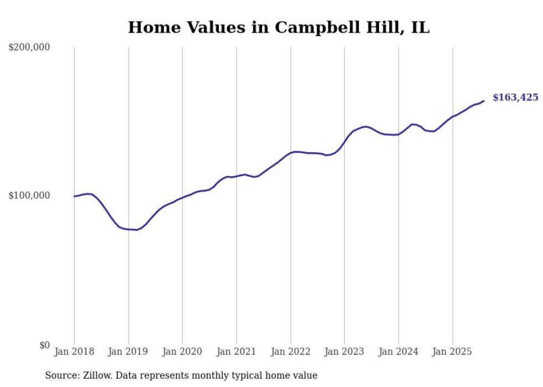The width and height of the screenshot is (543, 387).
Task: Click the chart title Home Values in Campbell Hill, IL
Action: tap(279, 27)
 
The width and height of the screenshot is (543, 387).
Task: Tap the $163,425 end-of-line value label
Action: tap(515, 97)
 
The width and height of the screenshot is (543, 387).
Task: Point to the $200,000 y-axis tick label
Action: tap(29, 48)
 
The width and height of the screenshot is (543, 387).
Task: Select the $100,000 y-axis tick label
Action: tap(29, 195)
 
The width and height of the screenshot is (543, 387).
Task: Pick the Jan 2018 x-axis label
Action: tap(74, 352)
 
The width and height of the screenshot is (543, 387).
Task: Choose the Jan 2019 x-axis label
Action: tap(129, 352)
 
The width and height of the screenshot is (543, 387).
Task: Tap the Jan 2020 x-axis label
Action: tap(182, 352)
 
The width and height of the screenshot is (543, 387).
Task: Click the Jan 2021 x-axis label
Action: tap(237, 352)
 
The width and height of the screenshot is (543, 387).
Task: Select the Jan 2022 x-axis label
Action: tap(290, 352)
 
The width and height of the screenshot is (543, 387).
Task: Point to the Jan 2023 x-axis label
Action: tap(345, 352)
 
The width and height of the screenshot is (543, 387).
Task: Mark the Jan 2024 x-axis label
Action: tap(398, 352)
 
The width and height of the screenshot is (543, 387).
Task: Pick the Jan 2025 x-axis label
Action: tap(453, 352)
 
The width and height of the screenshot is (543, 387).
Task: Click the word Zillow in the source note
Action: tap(94, 375)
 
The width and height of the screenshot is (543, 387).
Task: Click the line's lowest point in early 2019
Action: tap(136, 230)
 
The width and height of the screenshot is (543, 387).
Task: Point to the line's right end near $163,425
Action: tap(484, 101)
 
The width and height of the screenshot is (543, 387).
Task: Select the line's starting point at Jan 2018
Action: tap(74, 196)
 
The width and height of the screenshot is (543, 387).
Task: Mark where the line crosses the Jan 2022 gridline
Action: tap(290, 152)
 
